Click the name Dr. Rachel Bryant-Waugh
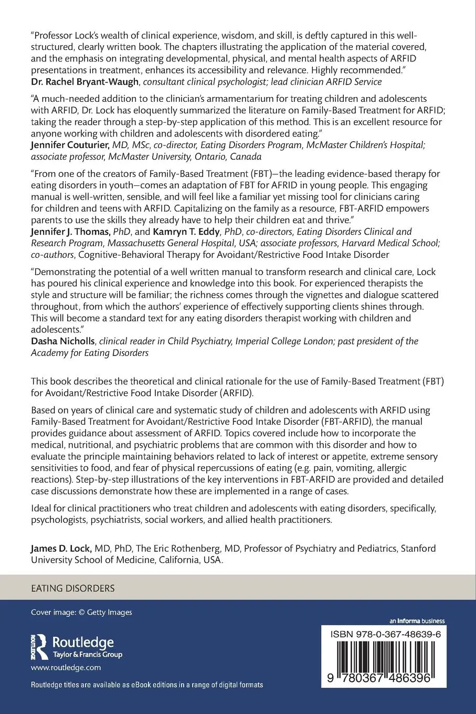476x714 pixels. pyautogui.click(x=86, y=81)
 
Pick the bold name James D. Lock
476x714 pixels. pyautogui.click(x=61, y=548)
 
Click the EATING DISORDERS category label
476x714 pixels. pyautogui.click(x=73, y=588)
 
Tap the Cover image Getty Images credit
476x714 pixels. pyautogui.click(x=81, y=612)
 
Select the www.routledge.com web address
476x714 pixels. pyautogui.click(x=66, y=668)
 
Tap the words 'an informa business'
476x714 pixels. pyautogui.click(x=418, y=621)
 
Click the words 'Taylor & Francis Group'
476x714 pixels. pyautogui.click(x=87, y=655)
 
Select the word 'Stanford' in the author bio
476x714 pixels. pyautogui.click(x=418, y=548)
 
